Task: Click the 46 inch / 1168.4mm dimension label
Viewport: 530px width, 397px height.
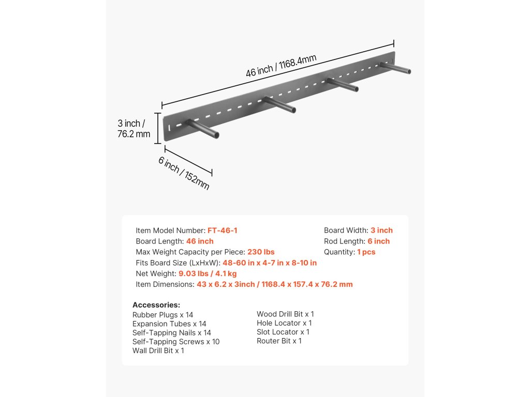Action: point(281,66)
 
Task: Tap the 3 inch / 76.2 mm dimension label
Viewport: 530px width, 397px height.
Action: point(134,129)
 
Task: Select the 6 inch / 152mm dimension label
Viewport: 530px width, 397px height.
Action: point(184,173)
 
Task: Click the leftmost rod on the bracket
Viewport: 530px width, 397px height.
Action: point(202,129)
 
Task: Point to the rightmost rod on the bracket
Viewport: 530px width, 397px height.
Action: point(396,68)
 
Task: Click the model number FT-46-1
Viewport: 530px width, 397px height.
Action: point(223,231)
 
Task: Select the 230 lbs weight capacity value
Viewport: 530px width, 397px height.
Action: point(261,252)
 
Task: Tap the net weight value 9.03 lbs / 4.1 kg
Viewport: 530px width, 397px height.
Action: point(208,273)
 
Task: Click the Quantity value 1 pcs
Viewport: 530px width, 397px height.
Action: point(366,252)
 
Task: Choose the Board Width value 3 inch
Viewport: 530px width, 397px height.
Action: point(381,231)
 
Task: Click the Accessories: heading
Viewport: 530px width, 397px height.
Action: point(156,305)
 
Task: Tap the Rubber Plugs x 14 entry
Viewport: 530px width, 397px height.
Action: point(163,315)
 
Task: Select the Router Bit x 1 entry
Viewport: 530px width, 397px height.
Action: point(279,341)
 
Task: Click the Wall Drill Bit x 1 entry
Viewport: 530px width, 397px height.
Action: point(158,350)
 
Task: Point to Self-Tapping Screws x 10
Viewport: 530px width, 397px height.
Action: point(176,342)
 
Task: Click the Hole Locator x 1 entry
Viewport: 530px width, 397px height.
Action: point(284,323)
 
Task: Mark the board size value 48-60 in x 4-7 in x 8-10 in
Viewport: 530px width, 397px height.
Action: point(270,263)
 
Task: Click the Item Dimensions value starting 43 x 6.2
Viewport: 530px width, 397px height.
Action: point(274,284)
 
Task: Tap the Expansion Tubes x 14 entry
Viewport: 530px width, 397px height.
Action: point(169,324)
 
